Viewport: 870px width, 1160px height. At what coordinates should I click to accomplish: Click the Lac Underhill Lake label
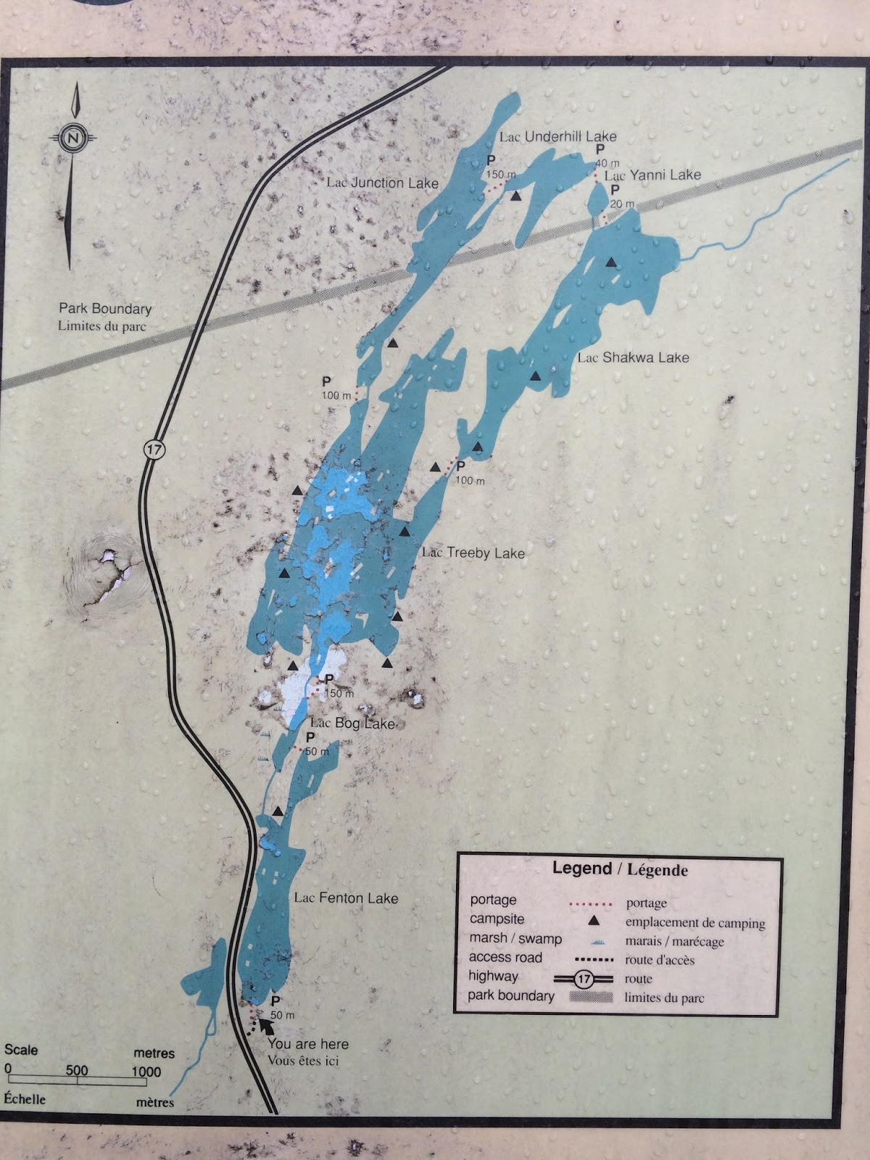558,136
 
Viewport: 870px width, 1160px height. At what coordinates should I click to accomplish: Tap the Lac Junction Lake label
382,183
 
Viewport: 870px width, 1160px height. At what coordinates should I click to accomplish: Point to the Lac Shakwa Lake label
633,357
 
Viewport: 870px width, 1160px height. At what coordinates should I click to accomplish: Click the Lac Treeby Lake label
473,553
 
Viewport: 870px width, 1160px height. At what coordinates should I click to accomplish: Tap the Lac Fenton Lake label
346,898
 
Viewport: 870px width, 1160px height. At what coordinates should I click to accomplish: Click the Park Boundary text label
105,309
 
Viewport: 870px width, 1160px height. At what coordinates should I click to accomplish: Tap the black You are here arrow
265,1026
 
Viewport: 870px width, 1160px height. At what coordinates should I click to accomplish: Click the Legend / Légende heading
620,869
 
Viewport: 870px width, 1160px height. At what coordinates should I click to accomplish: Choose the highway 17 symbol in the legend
585,978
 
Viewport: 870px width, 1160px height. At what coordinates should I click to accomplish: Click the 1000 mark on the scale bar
146,1072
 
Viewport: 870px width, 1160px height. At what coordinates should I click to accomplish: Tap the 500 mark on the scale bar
77,1071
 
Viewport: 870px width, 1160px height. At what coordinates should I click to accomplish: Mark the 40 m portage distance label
608,162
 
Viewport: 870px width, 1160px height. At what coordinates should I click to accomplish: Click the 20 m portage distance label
621,204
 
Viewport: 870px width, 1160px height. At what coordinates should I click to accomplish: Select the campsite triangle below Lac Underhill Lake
515,196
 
